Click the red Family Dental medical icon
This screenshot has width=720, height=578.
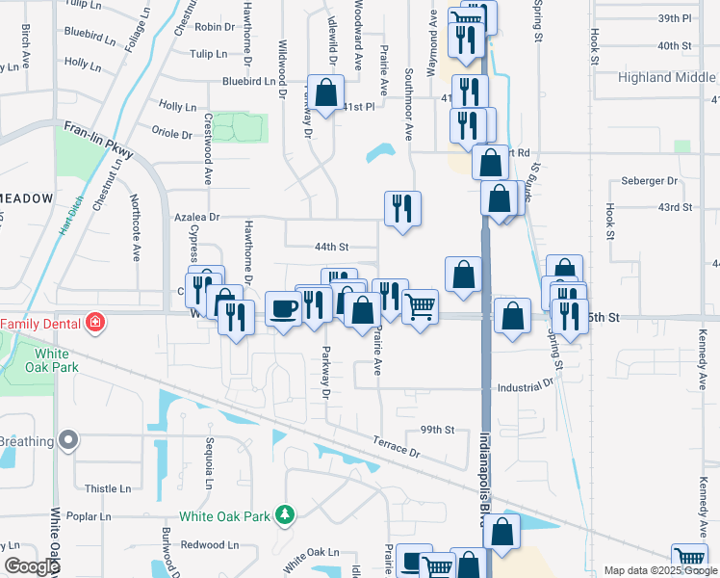coord(94,322)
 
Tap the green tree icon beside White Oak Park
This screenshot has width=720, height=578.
coord(284,516)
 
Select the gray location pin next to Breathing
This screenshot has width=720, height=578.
coord(67,441)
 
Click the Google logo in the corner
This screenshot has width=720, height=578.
coord(31,566)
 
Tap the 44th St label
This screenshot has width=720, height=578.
coord(330,247)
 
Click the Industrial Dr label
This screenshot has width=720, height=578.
coord(526,387)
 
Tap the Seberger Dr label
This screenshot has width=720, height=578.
coord(650,180)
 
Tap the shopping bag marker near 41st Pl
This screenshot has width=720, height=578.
coord(326,93)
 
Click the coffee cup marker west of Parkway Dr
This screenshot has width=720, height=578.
coord(283,308)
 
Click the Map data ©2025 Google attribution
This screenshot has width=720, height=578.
coord(660,571)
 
